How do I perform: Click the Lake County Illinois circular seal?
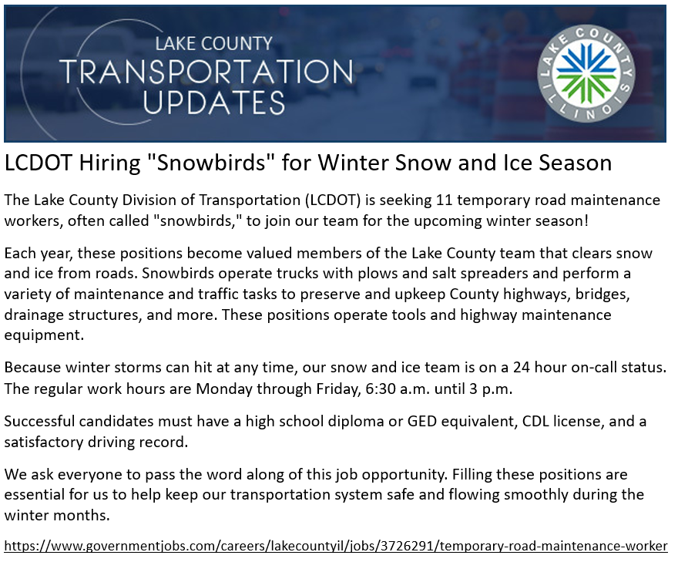pyautogui.click(x=586, y=73)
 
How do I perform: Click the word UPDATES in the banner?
pyautogui.click(x=213, y=103)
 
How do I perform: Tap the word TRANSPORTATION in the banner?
pyautogui.click(x=206, y=72)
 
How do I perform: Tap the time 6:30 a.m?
pyautogui.click(x=398, y=389)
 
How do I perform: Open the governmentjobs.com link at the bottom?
pyautogui.click(x=336, y=546)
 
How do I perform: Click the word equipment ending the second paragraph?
pyautogui.click(x=44, y=335)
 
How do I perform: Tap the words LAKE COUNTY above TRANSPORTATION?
pyautogui.click(x=213, y=43)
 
